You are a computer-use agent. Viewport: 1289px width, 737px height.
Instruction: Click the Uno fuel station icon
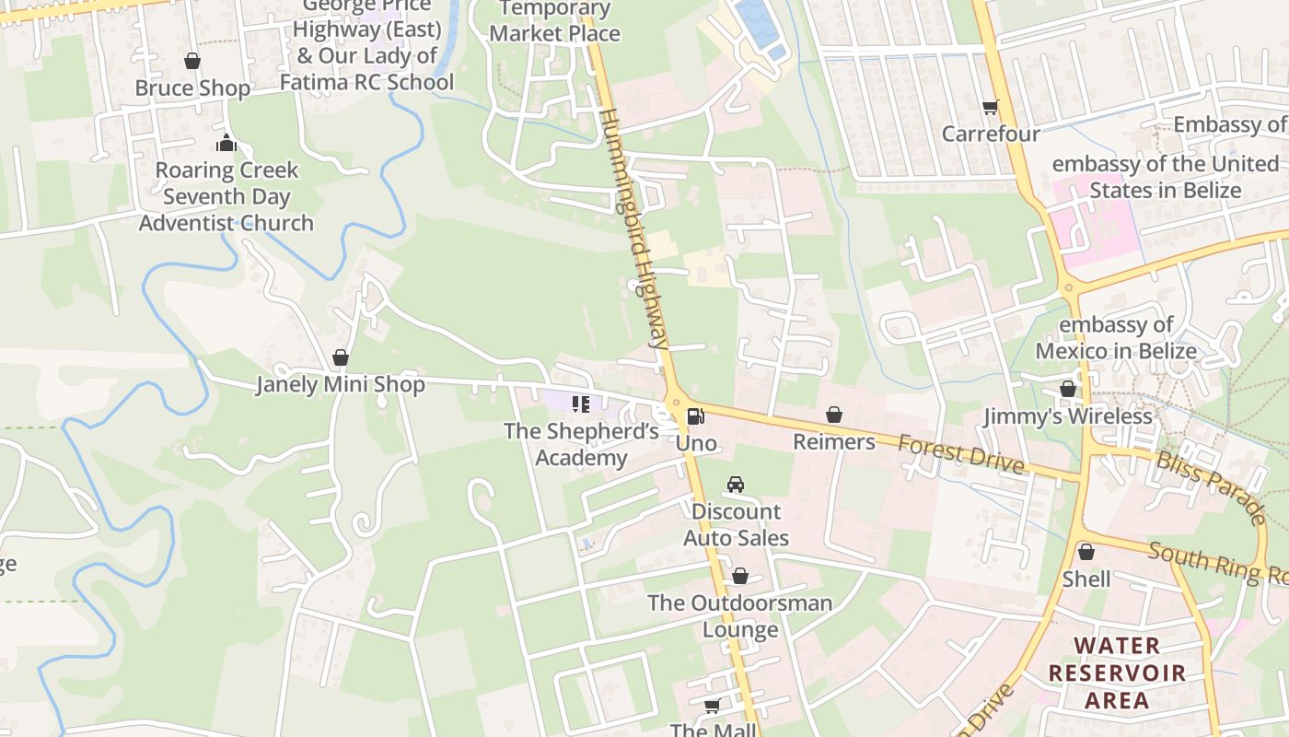click(696, 416)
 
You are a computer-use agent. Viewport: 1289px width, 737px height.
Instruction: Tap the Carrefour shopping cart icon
click(991, 108)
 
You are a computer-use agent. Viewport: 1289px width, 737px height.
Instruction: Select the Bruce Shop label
click(192, 88)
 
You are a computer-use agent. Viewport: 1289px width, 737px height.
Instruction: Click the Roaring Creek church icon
click(226, 143)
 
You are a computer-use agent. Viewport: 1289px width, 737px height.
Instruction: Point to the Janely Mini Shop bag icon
click(341, 357)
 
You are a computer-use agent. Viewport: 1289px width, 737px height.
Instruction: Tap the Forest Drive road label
click(960, 454)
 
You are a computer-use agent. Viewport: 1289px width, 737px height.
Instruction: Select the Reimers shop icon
click(834, 415)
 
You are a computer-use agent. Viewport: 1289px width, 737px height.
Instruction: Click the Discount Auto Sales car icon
click(735, 485)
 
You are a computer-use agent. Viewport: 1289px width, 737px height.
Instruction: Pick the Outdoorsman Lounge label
click(740, 616)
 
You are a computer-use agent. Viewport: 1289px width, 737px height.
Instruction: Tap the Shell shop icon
click(1086, 552)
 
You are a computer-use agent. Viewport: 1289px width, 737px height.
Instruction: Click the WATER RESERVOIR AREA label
click(1117, 673)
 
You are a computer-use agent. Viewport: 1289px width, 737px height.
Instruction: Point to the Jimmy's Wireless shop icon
click(1068, 390)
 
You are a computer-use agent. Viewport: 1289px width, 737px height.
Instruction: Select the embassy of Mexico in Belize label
click(1116, 338)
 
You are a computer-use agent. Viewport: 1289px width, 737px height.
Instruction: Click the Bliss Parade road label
click(1211, 487)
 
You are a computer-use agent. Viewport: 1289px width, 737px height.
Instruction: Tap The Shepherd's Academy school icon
click(581, 404)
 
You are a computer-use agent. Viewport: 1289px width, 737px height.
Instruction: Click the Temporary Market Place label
click(554, 21)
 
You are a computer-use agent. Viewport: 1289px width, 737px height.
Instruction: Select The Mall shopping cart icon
click(712, 707)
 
